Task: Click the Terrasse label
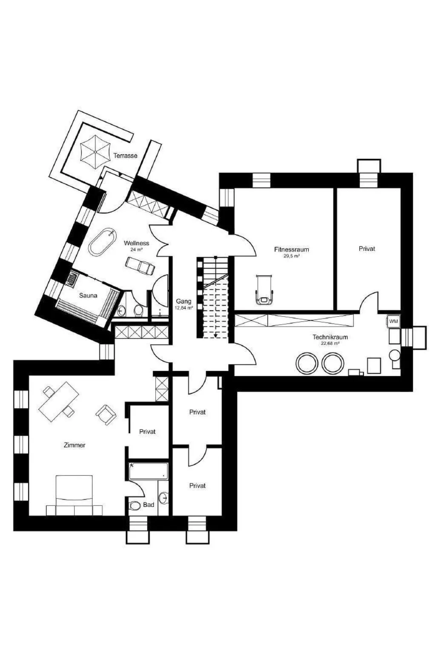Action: pyautogui.click(x=125, y=155)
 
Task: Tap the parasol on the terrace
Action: pyautogui.click(x=95, y=152)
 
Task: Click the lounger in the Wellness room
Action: pyautogui.click(x=140, y=265)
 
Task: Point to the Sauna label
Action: pyautogui.click(x=88, y=295)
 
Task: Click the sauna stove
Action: pyautogui.click(x=72, y=278)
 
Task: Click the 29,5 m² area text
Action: pyautogui.click(x=291, y=256)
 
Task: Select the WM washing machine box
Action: pyautogui.click(x=393, y=321)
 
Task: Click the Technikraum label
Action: pyautogui.click(x=330, y=337)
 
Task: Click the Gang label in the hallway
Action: pyautogui.click(x=184, y=301)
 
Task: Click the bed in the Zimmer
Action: pyautogui.click(x=75, y=499)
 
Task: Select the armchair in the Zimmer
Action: pyautogui.click(x=106, y=414)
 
